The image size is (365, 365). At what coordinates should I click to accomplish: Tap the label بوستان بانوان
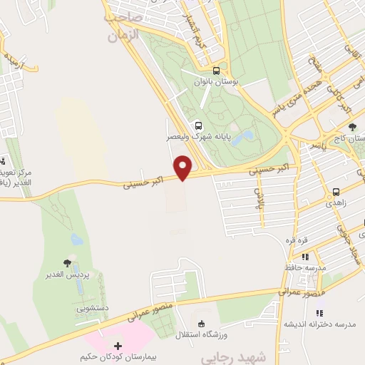218,83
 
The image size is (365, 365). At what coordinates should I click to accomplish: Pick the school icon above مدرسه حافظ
304,256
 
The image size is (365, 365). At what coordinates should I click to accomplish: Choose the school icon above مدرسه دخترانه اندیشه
319,312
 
